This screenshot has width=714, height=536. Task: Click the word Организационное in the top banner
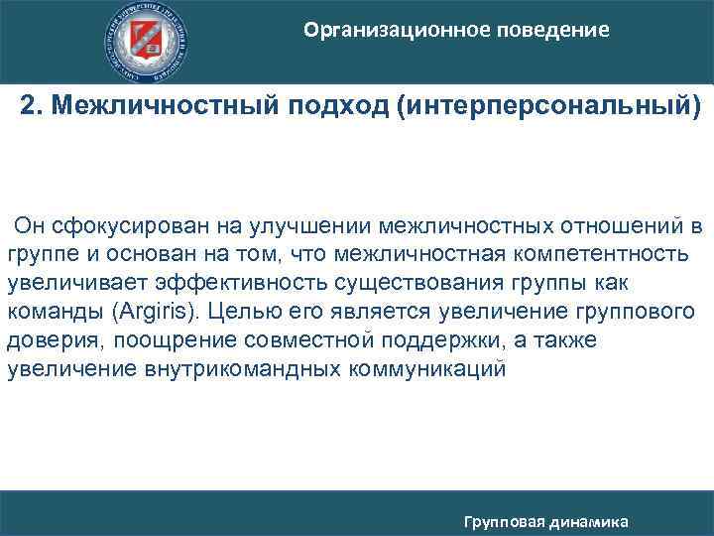388,31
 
